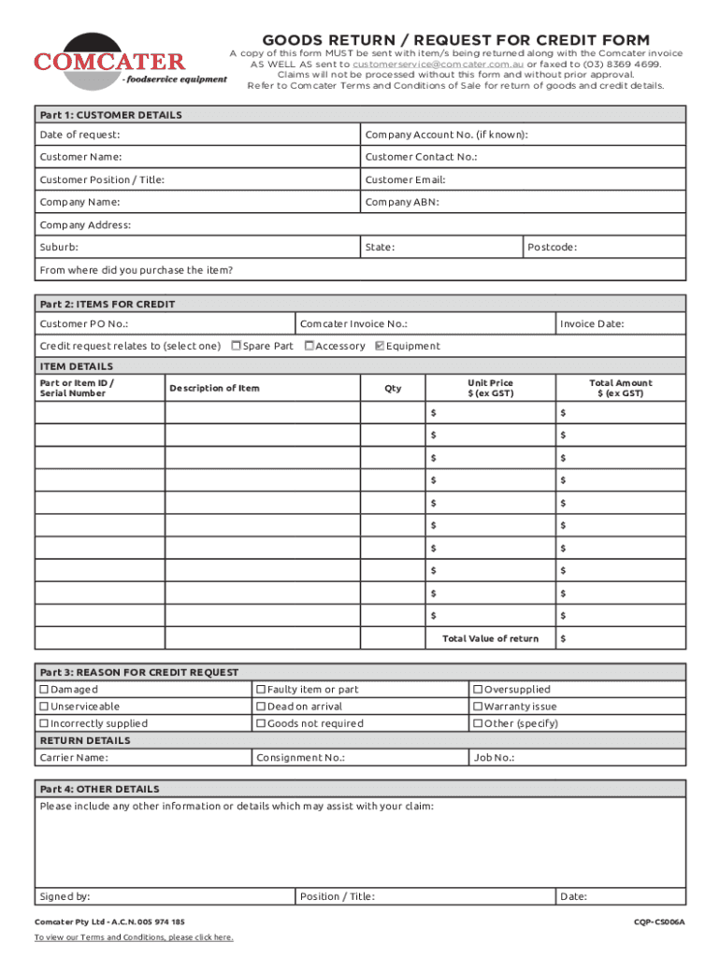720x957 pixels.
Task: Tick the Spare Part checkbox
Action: click(237, 346)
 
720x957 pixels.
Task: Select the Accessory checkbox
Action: click(310, 346)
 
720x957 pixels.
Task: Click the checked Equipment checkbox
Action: click(379, 346)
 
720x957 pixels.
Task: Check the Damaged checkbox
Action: click(44, 690)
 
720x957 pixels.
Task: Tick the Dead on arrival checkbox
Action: click(261, 707)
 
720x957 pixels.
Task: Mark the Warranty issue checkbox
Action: click(478, 707)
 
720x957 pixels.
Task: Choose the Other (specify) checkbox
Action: click(478, 723)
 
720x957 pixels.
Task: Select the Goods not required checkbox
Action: click(261, 723)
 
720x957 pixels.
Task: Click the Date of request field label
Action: click(79, 136)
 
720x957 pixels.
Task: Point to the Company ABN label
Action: click(402, 203)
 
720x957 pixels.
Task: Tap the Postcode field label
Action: click(552, 248)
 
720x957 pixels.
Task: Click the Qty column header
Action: click(393, 389)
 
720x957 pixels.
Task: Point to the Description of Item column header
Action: click(214, 389)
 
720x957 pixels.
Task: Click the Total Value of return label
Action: click(490, 639)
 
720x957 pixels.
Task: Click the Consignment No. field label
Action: click(300, 758)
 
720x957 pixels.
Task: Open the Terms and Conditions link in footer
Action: click(134, 937)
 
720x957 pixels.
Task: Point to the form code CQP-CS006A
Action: click(659, 921)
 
